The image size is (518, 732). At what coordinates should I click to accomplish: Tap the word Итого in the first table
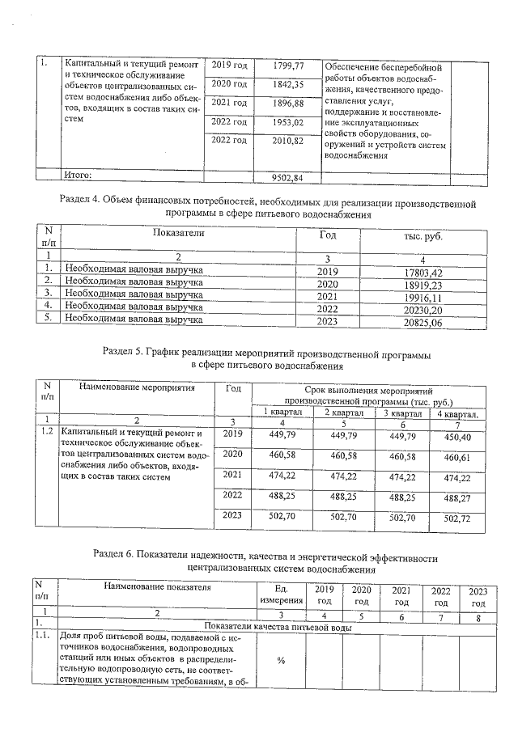pos(79,174)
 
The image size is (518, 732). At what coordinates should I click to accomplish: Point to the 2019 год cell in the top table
pos(229,66)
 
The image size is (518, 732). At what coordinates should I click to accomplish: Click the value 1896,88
pos(287,104)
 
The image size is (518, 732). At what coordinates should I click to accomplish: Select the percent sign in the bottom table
pos(281,661)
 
